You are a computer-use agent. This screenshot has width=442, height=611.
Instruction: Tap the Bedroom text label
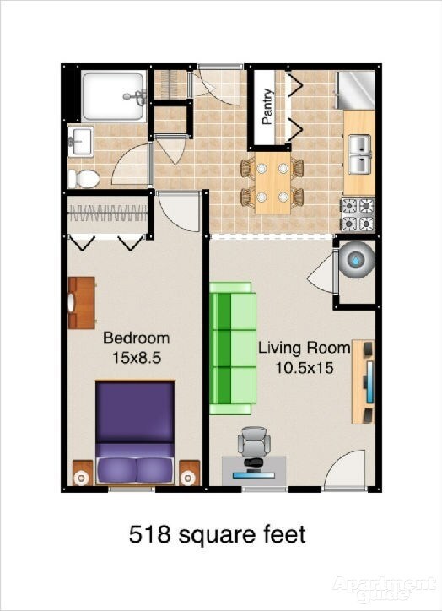click(136, 338)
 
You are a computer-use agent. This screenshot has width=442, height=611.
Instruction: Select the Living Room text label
click(304, 348)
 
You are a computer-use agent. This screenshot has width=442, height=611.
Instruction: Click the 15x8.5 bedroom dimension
click(136, 357)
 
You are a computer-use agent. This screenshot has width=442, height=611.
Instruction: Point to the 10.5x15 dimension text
click(304, 367)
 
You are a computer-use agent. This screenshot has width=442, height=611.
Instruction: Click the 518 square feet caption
click(217, 534)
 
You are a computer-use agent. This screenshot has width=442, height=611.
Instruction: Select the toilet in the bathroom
click(83, 177)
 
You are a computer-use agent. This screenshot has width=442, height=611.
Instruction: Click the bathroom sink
click(81, 141)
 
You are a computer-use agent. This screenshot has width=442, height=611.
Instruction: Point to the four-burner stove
click(358, 214)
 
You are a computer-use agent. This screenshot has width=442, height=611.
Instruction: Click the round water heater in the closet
click(355, 262)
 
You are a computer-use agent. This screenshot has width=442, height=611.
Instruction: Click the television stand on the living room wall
click(364, 382)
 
